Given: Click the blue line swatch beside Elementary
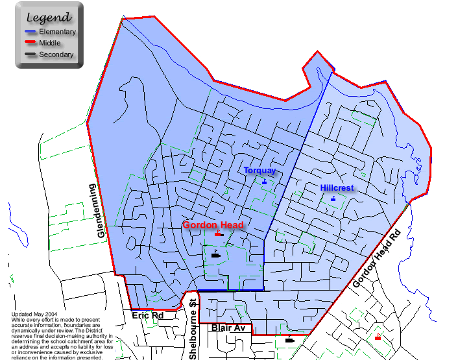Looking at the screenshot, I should point(30,32).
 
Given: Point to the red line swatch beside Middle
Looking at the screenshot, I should point(30,43).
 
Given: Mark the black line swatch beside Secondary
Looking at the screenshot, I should point(30,55).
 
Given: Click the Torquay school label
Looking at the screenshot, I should point(259,171).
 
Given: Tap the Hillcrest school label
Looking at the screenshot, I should point(337,188).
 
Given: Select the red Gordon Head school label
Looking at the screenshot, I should point(213,225).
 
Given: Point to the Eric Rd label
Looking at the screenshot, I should point(148,316).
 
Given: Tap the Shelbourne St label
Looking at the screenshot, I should point(193,330).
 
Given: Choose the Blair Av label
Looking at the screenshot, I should point(228,328).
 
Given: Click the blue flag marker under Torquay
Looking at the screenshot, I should point(264,182).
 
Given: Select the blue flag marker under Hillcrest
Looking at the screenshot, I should point(333,198).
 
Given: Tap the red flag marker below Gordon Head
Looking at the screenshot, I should point(218,234).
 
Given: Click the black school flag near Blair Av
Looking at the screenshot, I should point(289,339).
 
